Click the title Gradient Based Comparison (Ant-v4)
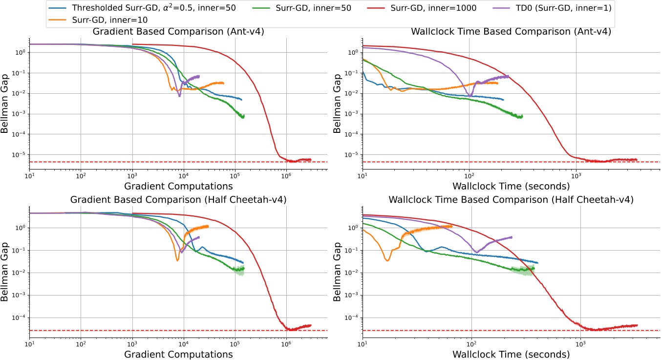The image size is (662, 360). pos(178,32)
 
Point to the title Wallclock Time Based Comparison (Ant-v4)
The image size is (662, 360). pos(511,32)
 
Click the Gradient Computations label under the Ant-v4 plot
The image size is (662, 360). pos(178,186)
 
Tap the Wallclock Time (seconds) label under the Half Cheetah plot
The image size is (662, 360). pos(511,354)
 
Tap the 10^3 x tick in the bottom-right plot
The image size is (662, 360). pos(580,343)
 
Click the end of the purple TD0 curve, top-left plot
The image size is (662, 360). pos(199,76)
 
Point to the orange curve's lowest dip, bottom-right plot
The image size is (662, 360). pos(387,260)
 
